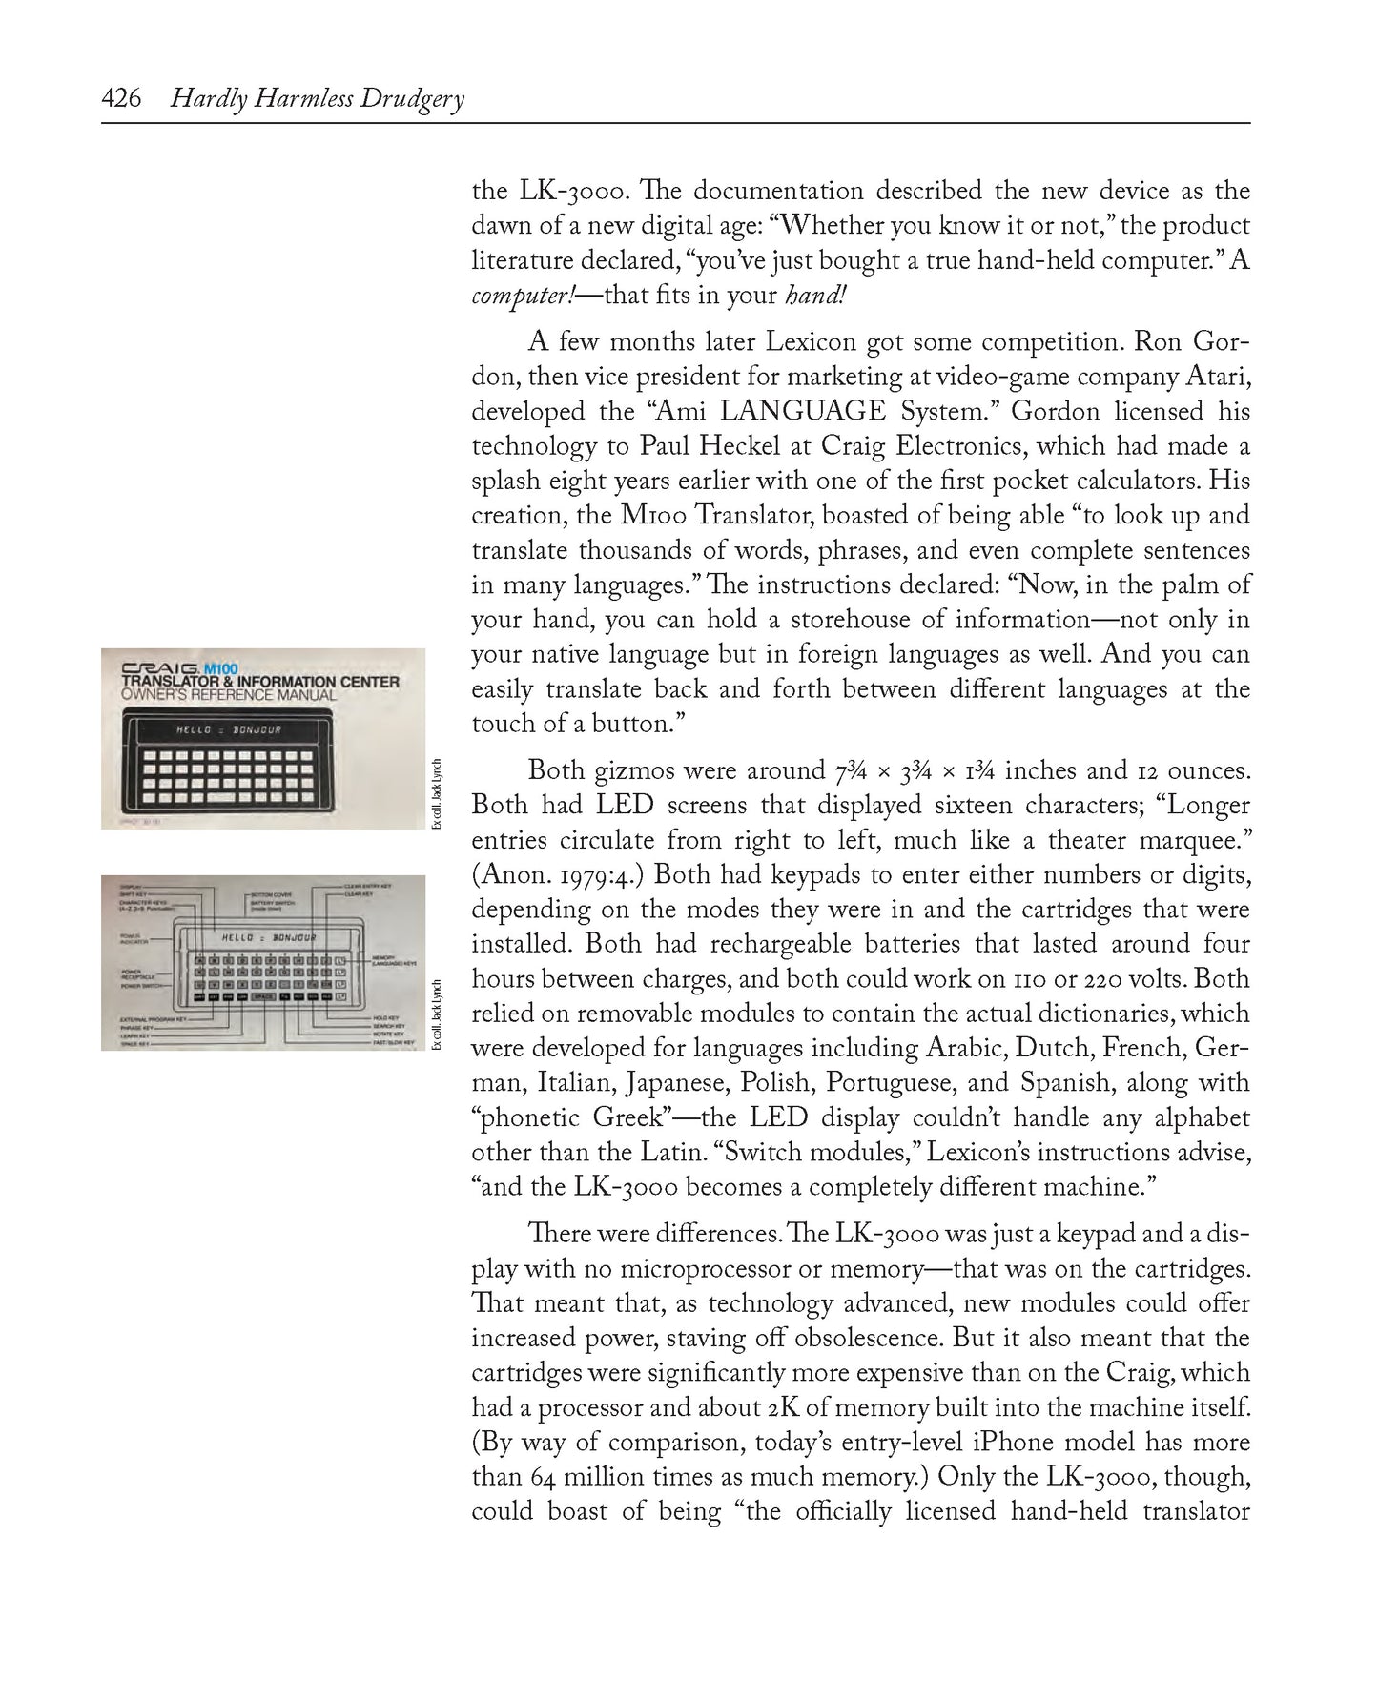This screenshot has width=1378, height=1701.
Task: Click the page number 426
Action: click(x=121, y=98)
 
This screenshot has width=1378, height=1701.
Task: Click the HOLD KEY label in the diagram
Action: click(x=385, y=1019)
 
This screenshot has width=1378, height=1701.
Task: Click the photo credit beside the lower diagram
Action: click(x=437, y=1014)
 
